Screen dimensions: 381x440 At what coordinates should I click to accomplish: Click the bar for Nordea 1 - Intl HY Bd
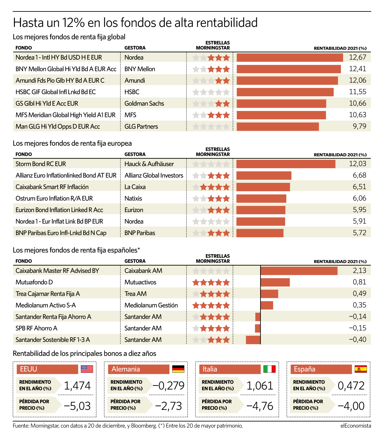point(290,57)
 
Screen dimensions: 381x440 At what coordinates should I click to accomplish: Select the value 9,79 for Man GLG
point(359,126)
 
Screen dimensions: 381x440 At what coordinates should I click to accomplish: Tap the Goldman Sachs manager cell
point(144,103)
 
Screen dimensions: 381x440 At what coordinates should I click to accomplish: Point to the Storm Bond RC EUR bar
point(286,164)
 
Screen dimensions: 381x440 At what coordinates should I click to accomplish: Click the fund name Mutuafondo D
point(34,282)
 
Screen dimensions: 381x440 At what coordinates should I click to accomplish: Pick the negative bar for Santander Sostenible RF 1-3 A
point(253,340)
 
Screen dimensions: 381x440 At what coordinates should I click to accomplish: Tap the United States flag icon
point(87,369)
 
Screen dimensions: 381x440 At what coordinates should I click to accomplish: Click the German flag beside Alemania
point(178,369)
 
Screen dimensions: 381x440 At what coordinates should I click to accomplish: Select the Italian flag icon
point(269,369)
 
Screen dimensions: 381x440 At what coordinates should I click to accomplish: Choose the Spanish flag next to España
point(361,369)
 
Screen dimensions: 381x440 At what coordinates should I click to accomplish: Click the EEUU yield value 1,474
point(77,386)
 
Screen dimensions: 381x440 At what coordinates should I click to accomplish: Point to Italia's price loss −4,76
point(260,406)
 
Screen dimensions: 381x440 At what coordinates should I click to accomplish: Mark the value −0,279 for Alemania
point(168,386)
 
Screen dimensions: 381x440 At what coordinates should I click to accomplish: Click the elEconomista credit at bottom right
point(356,426)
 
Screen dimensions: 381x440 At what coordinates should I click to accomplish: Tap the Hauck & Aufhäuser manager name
point(149,164)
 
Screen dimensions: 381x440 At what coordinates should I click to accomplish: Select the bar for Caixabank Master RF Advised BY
point(299,271)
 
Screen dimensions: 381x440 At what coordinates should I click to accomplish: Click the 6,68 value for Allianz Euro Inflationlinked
point(359,175)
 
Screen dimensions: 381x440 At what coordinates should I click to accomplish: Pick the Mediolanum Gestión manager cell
point(151,305)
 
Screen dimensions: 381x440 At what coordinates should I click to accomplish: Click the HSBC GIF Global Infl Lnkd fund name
point(56,92)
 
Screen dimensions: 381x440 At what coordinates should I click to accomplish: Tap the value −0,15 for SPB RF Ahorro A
point(357,328)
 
